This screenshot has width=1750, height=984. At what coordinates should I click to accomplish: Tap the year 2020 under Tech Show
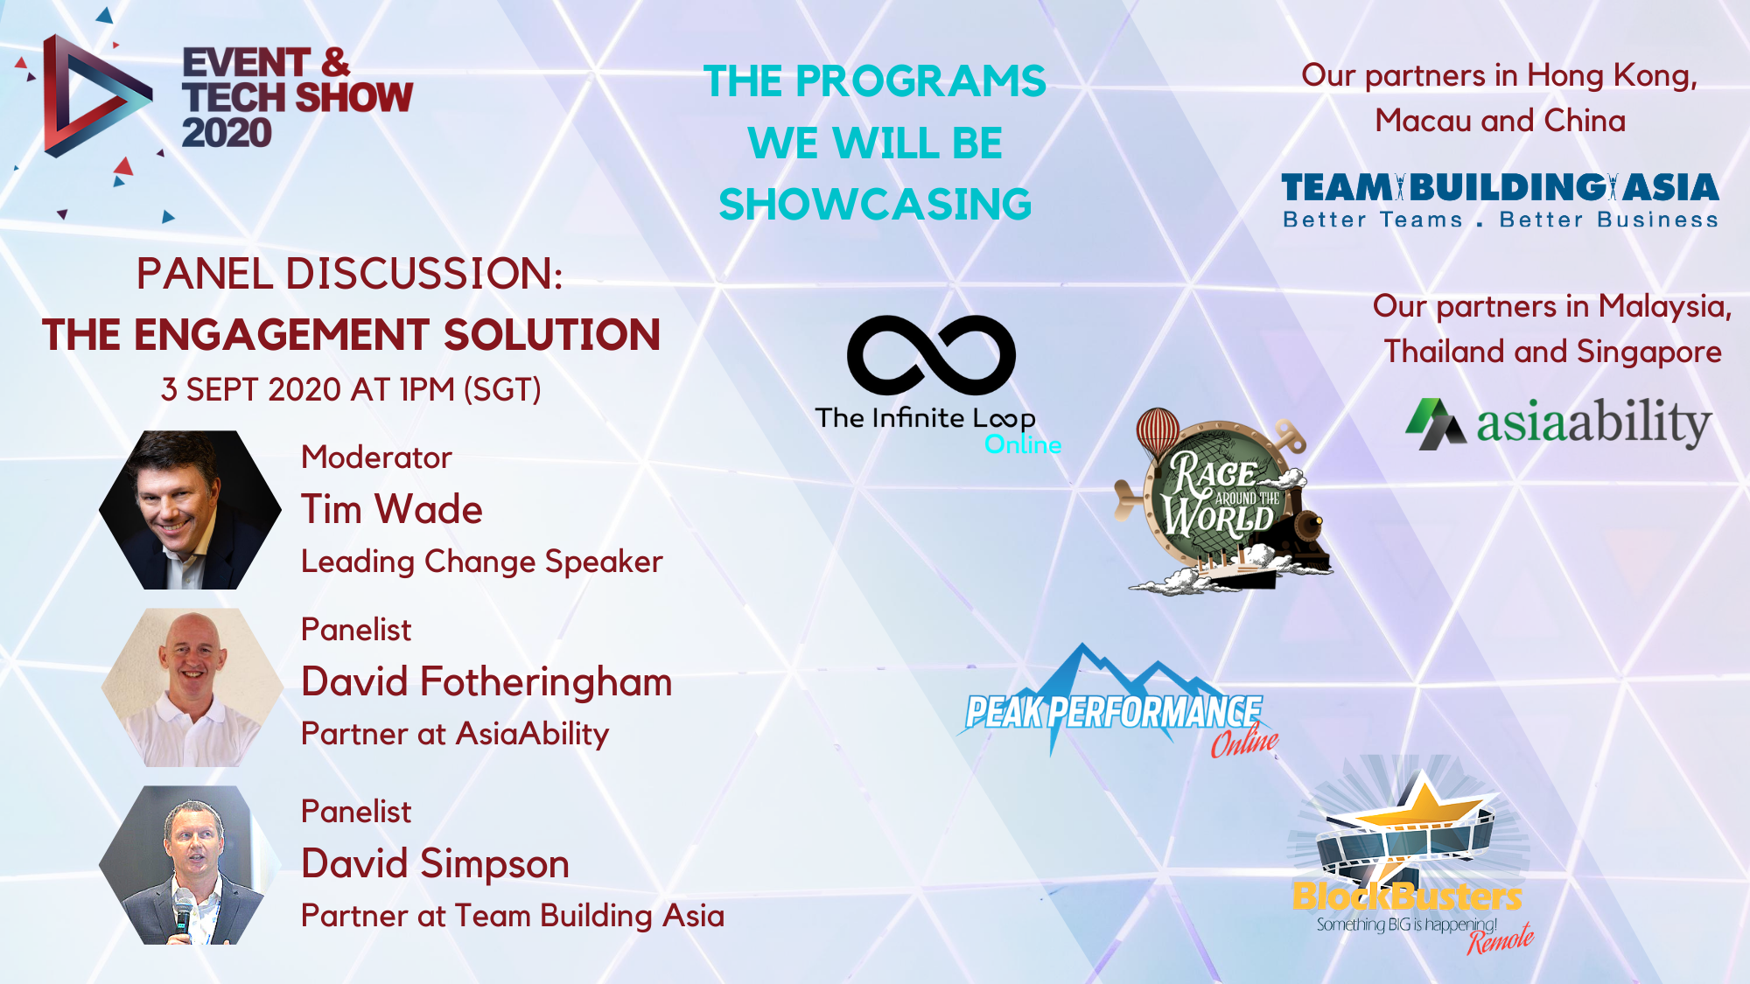tap(227, 133)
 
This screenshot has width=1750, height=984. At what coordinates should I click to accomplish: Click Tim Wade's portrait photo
tap(190, 509)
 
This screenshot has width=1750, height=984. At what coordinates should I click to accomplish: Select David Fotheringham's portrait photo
tap(192, 687)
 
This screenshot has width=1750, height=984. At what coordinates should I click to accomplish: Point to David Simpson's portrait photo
tap(190, 865)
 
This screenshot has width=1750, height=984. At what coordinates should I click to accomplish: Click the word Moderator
tap(376, 457)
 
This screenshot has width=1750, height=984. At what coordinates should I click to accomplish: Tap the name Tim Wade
tap(391, 509)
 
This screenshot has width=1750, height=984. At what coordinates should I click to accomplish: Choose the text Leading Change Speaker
tap(481, 562)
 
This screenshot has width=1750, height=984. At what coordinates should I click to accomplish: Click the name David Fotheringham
tap(486, 682)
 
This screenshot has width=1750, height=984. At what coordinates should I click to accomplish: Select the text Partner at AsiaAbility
tap(455, 734)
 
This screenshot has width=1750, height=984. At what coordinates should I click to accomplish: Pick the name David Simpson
tap(435, 864)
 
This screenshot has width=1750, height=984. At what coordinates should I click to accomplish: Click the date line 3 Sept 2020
tap(351, 389)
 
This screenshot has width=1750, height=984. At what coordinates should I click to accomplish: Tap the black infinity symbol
tap(931, 354)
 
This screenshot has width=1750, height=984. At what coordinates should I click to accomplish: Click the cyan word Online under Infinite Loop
tap(1023, 444)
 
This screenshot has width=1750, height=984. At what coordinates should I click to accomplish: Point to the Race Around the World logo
tap(1223, 502)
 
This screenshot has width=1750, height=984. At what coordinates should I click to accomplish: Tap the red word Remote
tap(1501, 939)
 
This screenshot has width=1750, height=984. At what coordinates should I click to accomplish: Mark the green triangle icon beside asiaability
tap(1435, 424)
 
